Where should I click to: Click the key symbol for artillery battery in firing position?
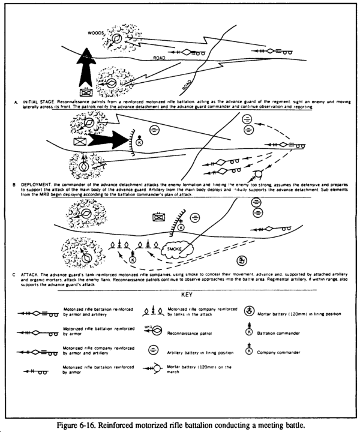(154, 352)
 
